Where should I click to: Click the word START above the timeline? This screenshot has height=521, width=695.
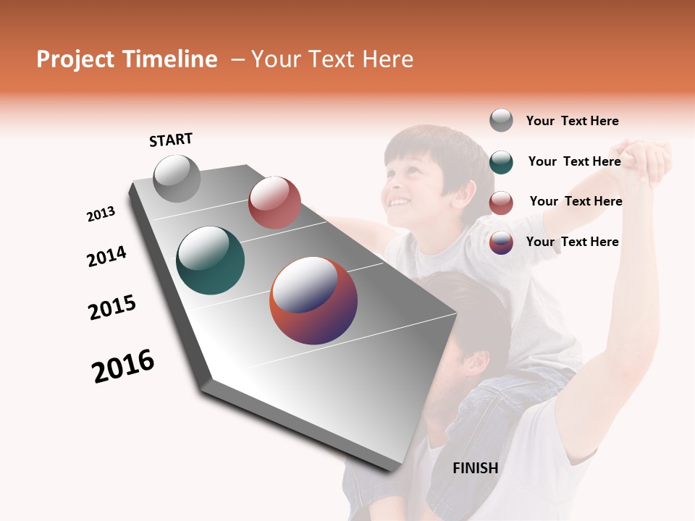171,140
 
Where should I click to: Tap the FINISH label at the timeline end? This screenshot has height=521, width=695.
475,468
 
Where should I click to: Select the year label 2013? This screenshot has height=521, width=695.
101,214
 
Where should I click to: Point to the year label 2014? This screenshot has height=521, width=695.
106,256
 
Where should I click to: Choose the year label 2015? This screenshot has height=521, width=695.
112,308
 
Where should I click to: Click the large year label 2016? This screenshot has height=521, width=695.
123,366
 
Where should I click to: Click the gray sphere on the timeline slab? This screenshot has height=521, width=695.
177,179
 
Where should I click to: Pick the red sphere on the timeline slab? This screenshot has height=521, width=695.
274,203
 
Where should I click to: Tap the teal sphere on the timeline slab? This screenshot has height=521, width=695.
211,260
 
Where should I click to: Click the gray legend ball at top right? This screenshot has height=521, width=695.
501,121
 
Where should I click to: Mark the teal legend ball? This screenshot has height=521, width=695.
501,162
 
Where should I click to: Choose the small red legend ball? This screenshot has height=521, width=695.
501,203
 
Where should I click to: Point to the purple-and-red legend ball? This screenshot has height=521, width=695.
501,242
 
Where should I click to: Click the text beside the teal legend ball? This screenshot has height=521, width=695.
574,161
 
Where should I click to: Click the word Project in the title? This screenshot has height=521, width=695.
75,59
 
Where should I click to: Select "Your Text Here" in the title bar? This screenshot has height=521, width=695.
332,59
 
